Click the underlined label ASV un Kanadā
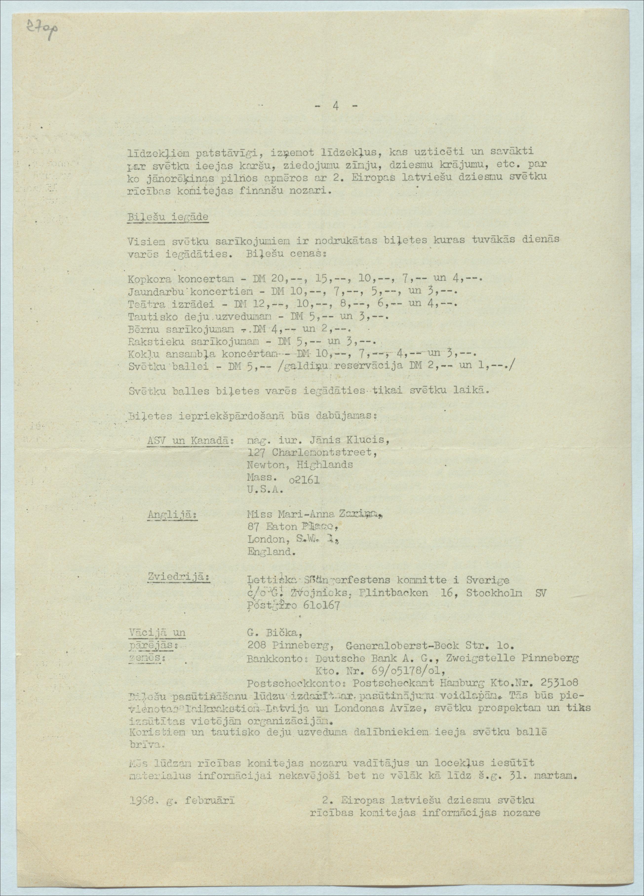click(x=188, y=441)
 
